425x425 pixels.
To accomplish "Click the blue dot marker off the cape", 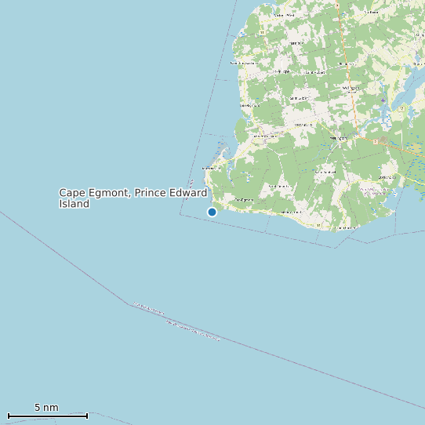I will (212, 212).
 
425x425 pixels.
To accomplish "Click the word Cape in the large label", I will (72, 193).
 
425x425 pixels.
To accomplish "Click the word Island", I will (74, 204).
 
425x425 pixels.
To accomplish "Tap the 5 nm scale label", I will (46, 408).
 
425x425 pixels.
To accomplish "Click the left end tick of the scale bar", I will (8, 415).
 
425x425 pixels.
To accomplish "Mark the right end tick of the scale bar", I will (87, 415).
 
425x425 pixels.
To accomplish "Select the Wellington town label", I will (339, 139).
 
